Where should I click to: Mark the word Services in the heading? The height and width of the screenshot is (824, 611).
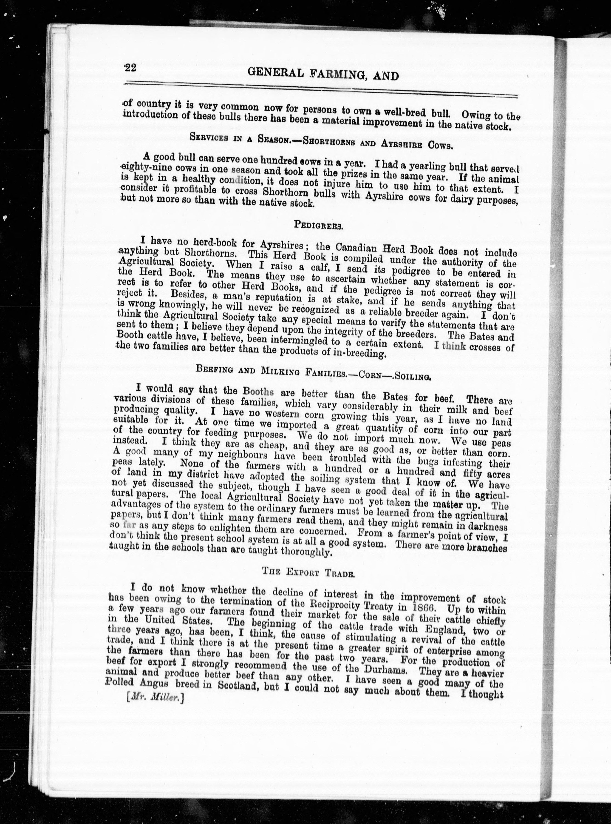click(x=208, y=137)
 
